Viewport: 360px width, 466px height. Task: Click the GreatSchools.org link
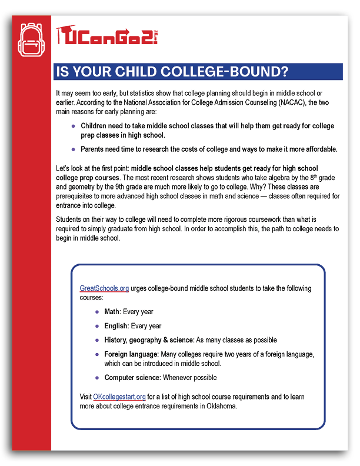coord(104,288)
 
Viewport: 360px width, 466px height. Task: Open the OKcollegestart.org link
coord(119,397)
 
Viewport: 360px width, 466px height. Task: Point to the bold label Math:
coord(112,311)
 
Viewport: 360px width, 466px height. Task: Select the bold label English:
coord(117,326)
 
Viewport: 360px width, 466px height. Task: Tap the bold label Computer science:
coord(133,378)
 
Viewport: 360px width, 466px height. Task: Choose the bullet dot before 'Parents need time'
coord(73,149)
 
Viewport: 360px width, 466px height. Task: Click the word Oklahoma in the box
coord(219,406)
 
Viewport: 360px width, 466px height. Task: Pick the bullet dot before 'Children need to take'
coord(73,126)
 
